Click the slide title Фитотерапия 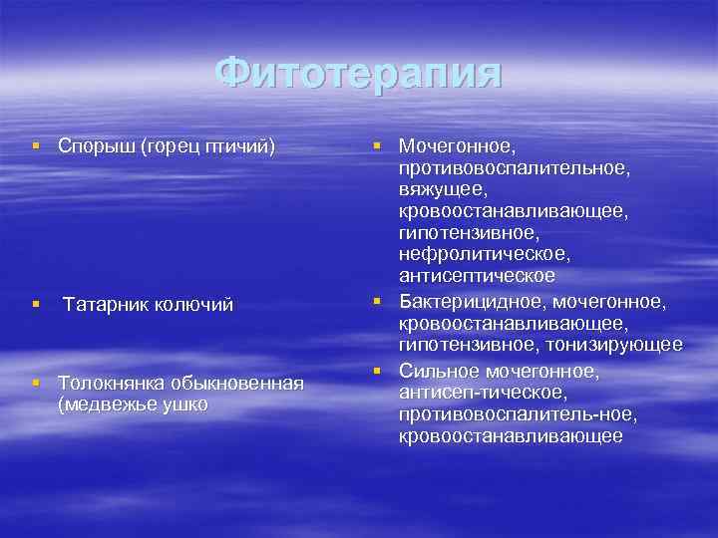[x=359, y=73]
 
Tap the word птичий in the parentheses [x=237, y=147]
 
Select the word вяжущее [x=443, y=189]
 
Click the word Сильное [x=440, y=371]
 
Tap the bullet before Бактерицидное [x=379, y=299]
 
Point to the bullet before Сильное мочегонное [x=379, y=371]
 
